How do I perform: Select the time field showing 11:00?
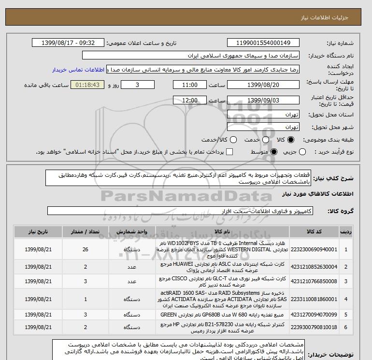click(190, 85)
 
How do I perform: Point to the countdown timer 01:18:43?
click(88, 85)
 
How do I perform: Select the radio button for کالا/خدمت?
click(233, 140)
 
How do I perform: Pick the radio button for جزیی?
click(303, 152)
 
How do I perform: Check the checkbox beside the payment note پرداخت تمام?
click(229, 152)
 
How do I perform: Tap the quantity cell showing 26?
click(86, 249)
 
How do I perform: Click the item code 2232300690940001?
click(320, 249)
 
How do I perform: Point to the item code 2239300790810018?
click(320, 327)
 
